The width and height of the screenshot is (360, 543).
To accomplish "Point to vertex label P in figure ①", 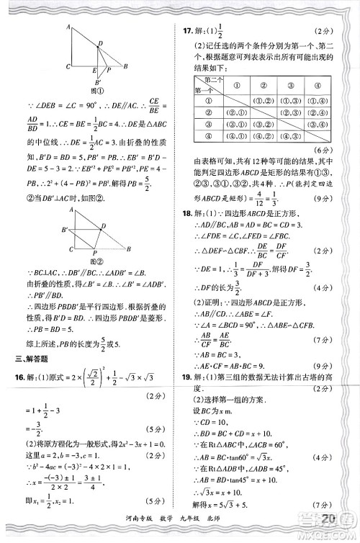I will coord(109,72).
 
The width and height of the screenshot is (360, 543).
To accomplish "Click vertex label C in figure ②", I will coord(68,250).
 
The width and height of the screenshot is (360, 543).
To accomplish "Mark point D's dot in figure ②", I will coord(100,228).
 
